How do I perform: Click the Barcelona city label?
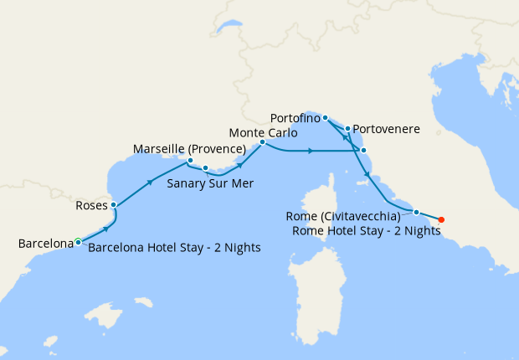point(46,244)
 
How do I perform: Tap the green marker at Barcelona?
point(78,242)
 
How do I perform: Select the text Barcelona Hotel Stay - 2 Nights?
point(174,248)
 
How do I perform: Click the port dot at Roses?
point(114,205)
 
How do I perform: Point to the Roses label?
point(91,203)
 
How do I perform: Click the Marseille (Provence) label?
point(189,149)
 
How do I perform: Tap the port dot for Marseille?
point(191,161)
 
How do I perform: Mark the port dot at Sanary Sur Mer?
point(205,168)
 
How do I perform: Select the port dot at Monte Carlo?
point(262,142)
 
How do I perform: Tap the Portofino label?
point(295,118)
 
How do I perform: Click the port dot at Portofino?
point(325,119)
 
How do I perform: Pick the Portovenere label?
point(386,129)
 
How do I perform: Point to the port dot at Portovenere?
point(347,129)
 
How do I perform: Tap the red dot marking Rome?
point(441,220)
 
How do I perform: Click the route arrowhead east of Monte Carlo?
point(311,151)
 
